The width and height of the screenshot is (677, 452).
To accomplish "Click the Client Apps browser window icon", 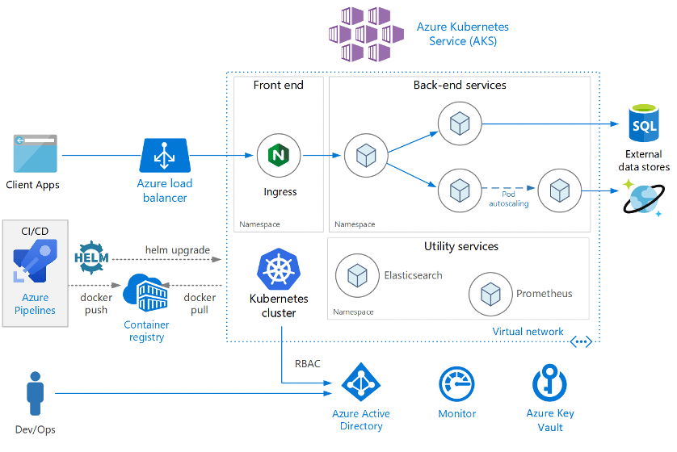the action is [x=36, y=153].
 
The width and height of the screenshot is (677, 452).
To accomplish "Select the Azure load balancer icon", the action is [x=165, y=155].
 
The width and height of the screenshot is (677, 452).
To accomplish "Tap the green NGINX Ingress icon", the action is [x=279, y=155].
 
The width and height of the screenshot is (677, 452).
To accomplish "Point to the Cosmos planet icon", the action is [x=644, y=199].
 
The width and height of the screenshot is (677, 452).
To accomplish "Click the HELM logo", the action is [x=91, y=258].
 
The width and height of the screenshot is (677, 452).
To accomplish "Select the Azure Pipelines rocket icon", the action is [x=35, y=261].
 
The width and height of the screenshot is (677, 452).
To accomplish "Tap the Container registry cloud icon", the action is [x=145, y=292].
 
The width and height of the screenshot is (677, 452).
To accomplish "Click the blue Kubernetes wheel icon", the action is [x=279, y=269].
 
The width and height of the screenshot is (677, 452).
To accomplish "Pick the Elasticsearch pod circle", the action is [x=358, y=275].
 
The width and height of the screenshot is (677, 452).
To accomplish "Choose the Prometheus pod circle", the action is [x=490, y=294].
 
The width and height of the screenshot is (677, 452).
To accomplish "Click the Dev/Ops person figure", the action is [x=36, y=393].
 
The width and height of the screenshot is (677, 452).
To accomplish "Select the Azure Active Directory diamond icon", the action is [x=361, y=382].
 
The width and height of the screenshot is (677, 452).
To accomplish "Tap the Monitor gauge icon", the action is [x=456, y=384].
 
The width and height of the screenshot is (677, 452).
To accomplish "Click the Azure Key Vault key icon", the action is [x=549, y=383].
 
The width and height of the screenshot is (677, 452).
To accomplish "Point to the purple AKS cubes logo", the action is [x=366, y=34].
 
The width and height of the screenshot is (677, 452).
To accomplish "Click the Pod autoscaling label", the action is [x=509, y=199].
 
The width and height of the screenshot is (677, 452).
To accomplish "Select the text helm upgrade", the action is [x=178, y=250].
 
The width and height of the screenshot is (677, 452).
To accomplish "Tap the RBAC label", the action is [x=308, y=363].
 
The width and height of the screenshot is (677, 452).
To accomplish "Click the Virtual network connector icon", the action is [x=581, y=342].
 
